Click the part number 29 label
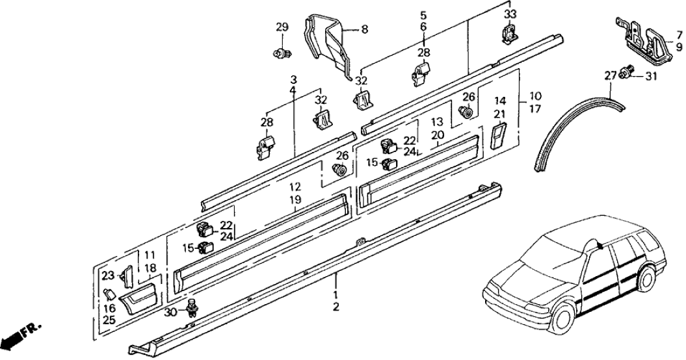click(282, 27)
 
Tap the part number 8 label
click(364, 29)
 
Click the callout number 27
click(610, 76)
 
